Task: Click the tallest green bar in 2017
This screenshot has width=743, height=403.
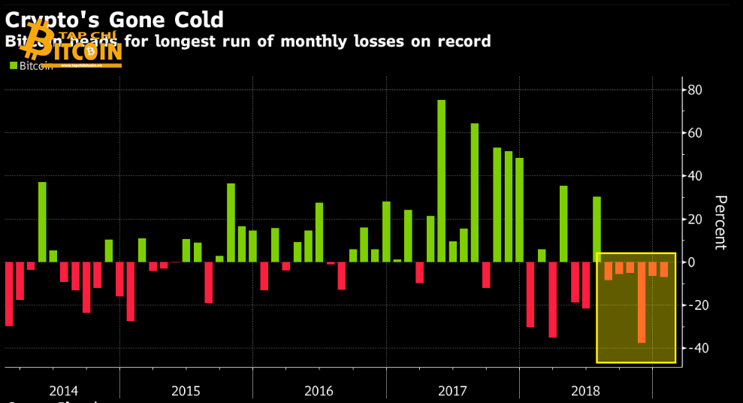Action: coord(441,180)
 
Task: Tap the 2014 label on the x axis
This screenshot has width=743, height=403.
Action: coord(63,391)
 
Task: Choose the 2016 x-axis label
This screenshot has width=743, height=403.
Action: coord(319,391)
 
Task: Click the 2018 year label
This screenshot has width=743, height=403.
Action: coord(586,391)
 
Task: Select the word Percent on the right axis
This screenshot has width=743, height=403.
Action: coord(719,223)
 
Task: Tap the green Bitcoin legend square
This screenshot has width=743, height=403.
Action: coord(14,65)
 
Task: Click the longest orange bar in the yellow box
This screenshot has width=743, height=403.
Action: coord(642,302)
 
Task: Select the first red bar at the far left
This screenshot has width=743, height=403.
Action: coord(9,293)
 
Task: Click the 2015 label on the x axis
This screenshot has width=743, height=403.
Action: coord(186,391)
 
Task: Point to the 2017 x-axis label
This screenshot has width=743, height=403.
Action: coord(452,391)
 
